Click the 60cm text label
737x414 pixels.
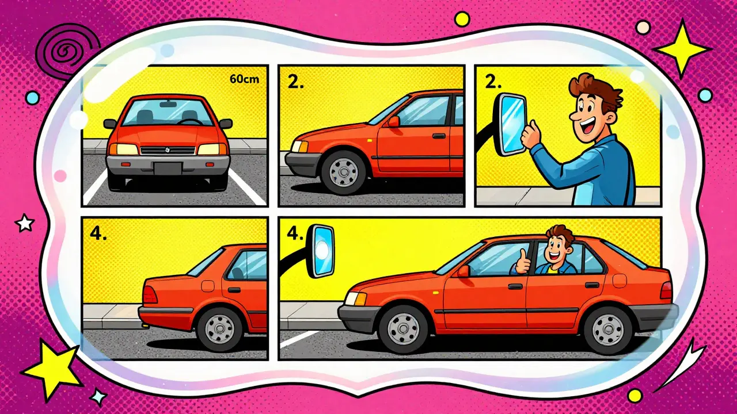(x=244, y=79)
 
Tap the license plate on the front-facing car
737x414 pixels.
(x=168, y=168)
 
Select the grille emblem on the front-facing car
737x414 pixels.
(x=167, y=150)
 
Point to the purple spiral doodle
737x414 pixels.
(x=68, y=52)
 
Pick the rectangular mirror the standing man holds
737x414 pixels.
(x=512, y=125)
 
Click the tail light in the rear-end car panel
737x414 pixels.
(x=150, y=294)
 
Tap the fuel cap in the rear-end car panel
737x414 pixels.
(x=208, y=286)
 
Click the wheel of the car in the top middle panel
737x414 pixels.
(x=344, y=172)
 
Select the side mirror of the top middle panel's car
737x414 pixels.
(x=393, y=121)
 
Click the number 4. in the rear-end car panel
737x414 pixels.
(x=98, y=234)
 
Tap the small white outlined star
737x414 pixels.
(x=25, y=223)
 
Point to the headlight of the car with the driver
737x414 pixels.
(x=355, y=299)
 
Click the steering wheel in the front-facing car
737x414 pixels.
(x=190, y=122)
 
